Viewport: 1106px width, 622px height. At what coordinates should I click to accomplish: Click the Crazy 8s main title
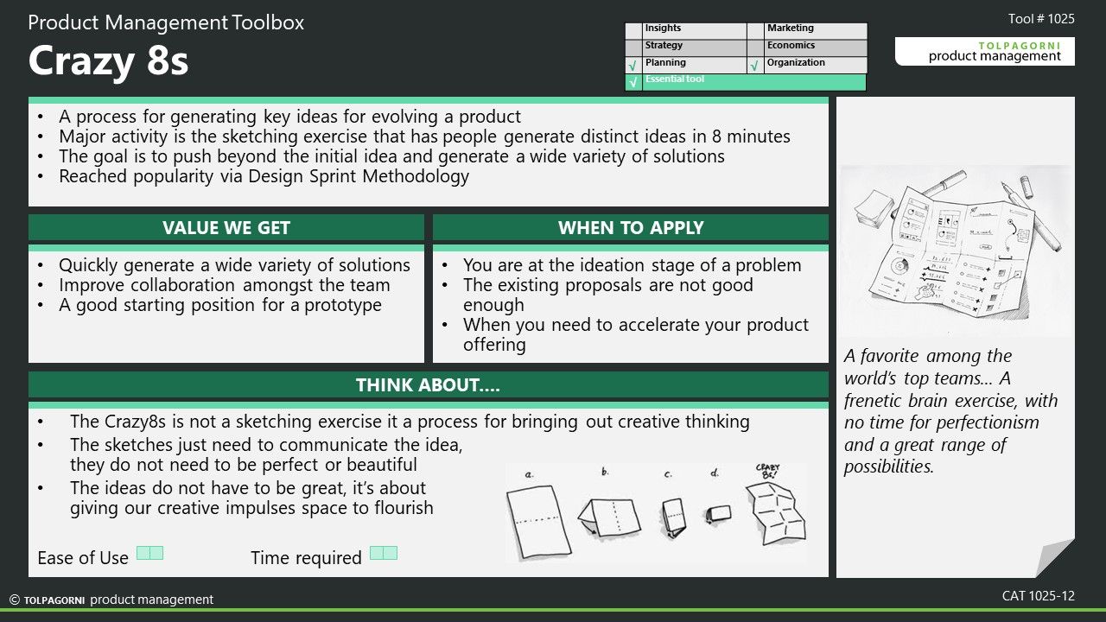click(x=108, y=60)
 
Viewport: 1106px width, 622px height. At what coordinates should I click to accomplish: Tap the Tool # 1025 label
click(x=1041, y=19)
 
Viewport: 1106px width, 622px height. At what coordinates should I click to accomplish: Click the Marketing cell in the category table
click(x=816, y=29)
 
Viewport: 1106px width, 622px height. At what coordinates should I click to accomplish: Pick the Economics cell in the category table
click(x=816, y=46)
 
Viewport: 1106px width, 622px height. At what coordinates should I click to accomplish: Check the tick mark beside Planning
click(x=633, y=66)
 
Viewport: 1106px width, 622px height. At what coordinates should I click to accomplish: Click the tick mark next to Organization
click(x=754, y=66)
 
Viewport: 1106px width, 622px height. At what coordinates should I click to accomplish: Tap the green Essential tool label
click(x=675, y=79)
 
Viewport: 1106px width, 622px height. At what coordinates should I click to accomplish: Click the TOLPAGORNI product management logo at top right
click(x=984, y=51)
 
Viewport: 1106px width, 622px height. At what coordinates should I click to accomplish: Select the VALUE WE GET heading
click(x=226, y=227)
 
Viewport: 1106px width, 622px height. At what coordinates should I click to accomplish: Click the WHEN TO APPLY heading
click(x=631, y=227)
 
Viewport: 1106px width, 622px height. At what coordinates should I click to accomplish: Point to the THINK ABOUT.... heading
click(x=428, y=385)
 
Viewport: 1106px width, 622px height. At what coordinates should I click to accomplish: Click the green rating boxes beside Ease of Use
click(x=149, y=553)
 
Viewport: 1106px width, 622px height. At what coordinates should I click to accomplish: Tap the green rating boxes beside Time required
click(x=384, y=553)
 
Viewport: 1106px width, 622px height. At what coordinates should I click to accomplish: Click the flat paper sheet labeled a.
click(x=538, y=521)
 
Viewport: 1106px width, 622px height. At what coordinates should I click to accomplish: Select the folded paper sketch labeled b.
click(x=609, y=517)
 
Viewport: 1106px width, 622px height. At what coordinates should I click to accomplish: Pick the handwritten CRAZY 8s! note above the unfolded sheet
click(x=768, y=471)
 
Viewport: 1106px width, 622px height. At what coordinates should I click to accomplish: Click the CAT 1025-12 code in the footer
click(x=1039, y=596)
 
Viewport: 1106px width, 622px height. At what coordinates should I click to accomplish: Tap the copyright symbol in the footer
click(x=15, y=600)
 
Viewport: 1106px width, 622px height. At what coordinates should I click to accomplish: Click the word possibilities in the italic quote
click(x=889, y=466)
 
